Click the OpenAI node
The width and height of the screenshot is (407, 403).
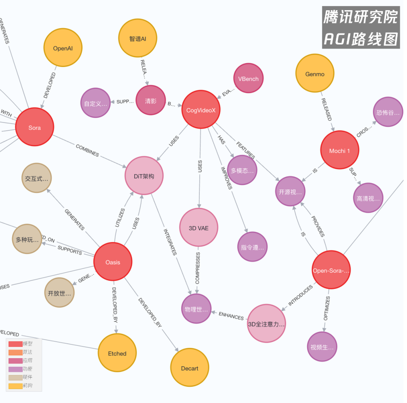(63, 48)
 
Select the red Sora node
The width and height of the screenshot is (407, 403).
(35, 128)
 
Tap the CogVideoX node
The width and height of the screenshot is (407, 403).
(200, 110)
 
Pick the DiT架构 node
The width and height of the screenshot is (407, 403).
(144, 176)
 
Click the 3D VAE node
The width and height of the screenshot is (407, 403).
(199, 228)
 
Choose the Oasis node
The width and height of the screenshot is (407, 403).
(113, 262)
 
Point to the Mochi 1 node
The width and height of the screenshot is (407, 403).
(340, 151)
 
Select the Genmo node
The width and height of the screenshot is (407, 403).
(315, 74)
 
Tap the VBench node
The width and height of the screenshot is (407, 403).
(248, 79)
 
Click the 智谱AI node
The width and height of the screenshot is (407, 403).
(138, 38)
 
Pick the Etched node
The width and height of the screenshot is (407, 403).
(117, 353)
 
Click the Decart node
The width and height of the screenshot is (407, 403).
(190, 368)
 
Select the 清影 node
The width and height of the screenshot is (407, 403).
(151, 100)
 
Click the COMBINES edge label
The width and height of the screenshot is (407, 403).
(87, 151)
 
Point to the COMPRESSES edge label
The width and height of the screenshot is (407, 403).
(197, 268)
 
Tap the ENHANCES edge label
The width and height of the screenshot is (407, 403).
(231, 316)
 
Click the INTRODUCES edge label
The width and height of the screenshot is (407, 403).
(301, 295)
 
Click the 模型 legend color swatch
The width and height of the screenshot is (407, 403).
(15, 344)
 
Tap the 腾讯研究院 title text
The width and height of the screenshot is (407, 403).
(361, 17)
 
